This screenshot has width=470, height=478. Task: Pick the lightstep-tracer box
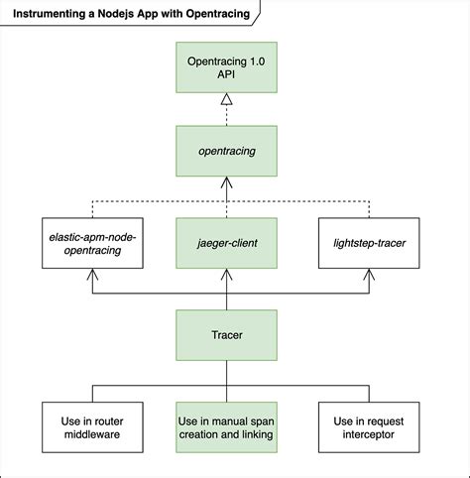pos(369,243)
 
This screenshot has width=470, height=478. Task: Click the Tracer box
pos(226,335)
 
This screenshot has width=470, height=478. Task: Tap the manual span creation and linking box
pos(226,426)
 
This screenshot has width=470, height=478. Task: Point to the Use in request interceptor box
pos(369,426)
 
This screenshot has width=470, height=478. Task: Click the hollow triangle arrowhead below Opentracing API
pos(226,99)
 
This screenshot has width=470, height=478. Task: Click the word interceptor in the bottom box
pos(369,434)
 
